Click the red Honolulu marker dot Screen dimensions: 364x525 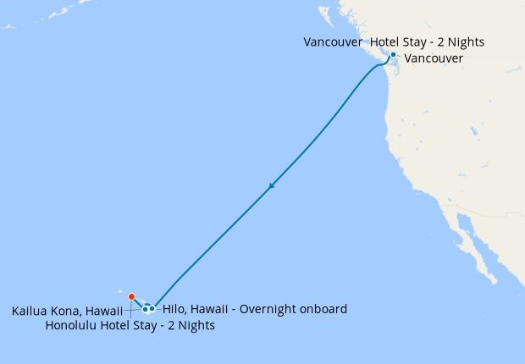click(x=131, y=296)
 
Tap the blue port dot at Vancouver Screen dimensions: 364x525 click(x=393, y=55)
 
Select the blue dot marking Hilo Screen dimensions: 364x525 click(x=152, y=308)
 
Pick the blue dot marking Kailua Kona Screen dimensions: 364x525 click(x=145, y=309)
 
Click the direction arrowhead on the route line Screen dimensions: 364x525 click(x=271, y=186)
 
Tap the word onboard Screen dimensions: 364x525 click(x=323, y=309)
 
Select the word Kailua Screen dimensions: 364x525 click(x=30, y=312)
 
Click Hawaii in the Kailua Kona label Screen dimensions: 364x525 click(x=104, y=312)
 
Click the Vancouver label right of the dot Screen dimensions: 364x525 click(x=434, y=58)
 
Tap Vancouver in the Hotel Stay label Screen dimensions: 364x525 click(x=334, y=41)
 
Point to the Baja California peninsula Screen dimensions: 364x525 click(x=474, y=245)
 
